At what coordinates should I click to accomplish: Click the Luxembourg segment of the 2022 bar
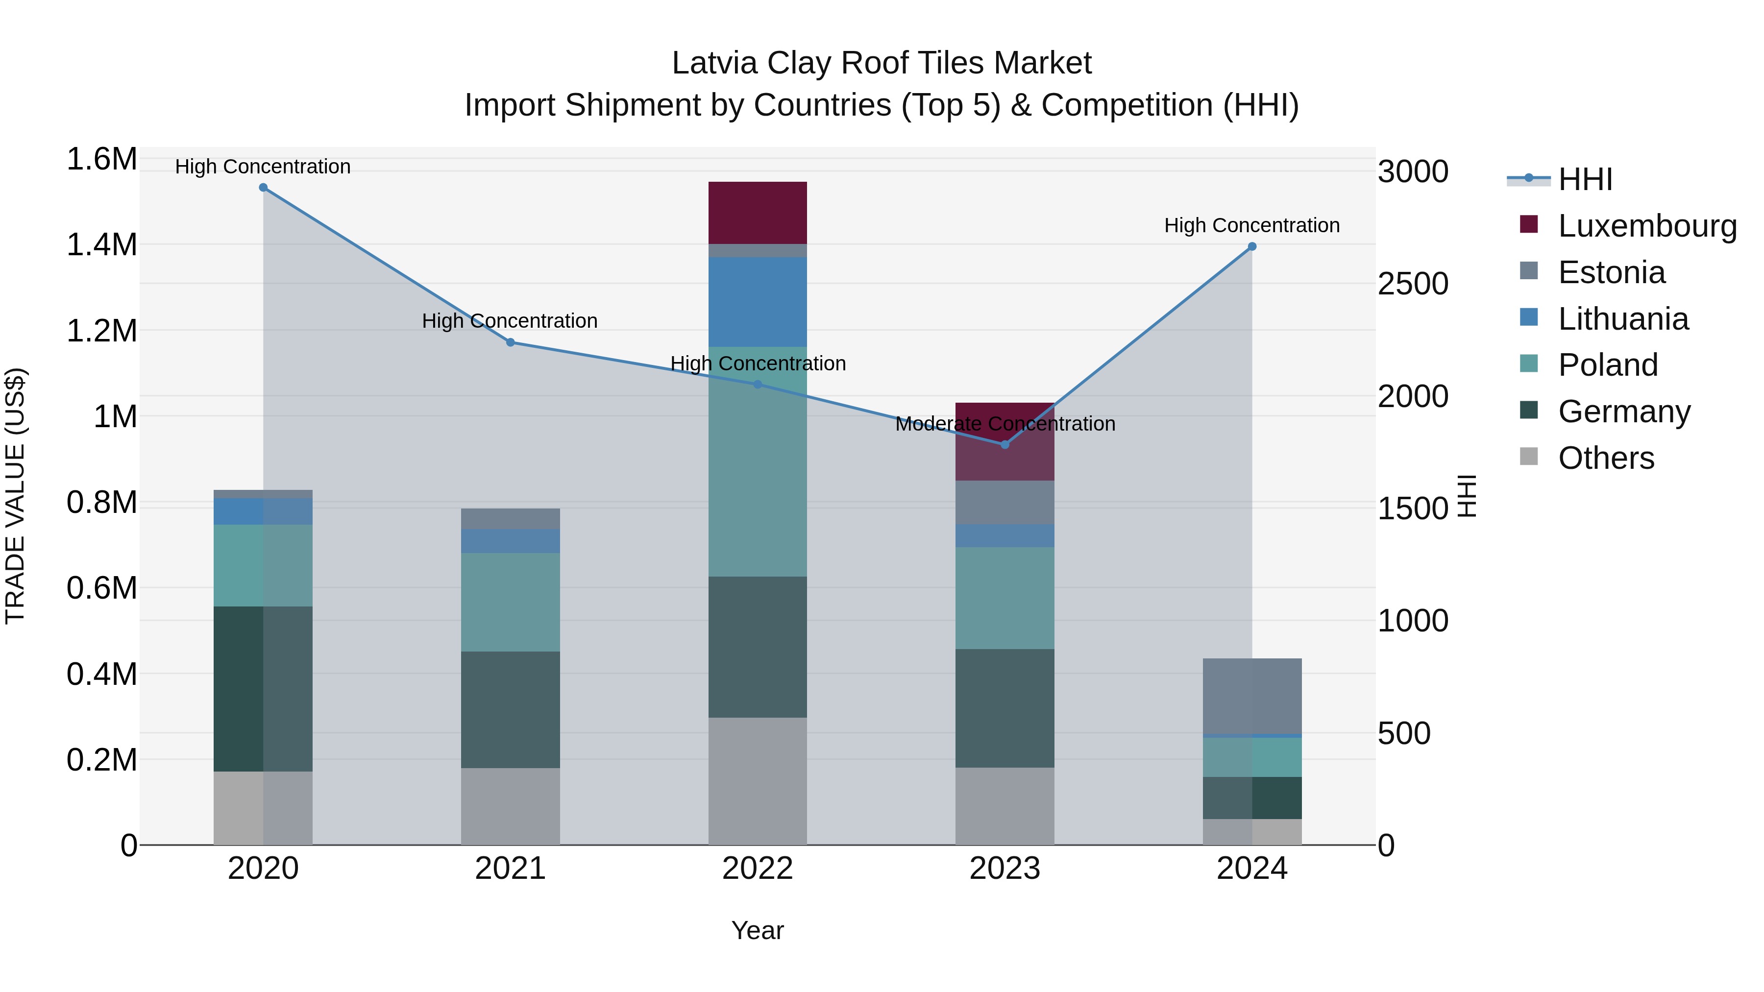coord(758,212)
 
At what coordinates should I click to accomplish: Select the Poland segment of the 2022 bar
coord(758,461)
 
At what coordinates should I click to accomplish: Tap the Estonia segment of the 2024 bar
coord(1252,696)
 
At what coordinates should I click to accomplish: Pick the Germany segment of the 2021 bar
coord(510,709)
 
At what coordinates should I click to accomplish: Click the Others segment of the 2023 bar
coord(1004,806)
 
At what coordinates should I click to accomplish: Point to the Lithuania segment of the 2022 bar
coord(758,302)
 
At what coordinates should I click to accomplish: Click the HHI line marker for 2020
coord(263,188)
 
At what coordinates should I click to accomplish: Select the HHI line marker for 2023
coord(1004,445)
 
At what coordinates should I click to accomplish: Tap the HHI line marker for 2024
coord(1252,246)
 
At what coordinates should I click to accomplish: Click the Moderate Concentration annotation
coord(1004,424)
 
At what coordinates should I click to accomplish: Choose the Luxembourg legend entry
coord(1646,226)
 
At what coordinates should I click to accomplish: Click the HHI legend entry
coord(1585,179)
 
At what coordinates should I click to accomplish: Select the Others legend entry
coord(1605,458)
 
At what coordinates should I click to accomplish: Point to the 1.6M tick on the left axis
coord(101,160)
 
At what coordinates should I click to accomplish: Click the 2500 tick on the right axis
coord(1413,284)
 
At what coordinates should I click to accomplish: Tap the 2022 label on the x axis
coord(758,869)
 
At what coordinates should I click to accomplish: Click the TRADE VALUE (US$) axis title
coord(15,496)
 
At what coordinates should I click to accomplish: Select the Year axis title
coord(758,930)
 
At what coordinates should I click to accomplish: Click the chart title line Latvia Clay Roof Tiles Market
coord(882,63)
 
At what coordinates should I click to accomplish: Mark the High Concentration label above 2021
coord(510,320)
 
